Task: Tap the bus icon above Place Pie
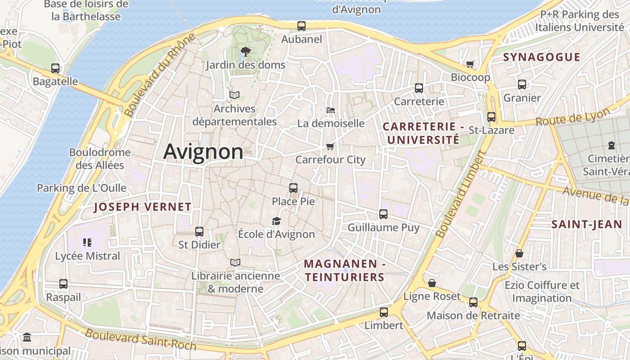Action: tap(293, 188)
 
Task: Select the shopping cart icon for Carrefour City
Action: tap(330, 146)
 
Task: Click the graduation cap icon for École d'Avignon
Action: tap(276, 221)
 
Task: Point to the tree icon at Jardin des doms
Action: tap(245, 51)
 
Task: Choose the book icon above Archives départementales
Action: tap(234, 95)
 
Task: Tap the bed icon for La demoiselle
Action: tap(330, 110)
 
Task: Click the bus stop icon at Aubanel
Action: tap(301, 26)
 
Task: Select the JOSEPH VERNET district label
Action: tap(143, 207)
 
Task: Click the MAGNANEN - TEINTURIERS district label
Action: tap(344, 270)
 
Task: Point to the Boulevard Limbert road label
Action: tap(461, 194)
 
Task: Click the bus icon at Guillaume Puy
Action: tap(383, 214)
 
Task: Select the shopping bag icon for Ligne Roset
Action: tap(432, 283)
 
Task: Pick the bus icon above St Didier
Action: tap(199, 232)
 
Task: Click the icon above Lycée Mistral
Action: tap(87, 243)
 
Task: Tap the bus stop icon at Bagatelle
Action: tap(55, 68)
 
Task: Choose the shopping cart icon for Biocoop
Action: tap(470, 64)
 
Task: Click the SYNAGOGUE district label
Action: tap(541, 57)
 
